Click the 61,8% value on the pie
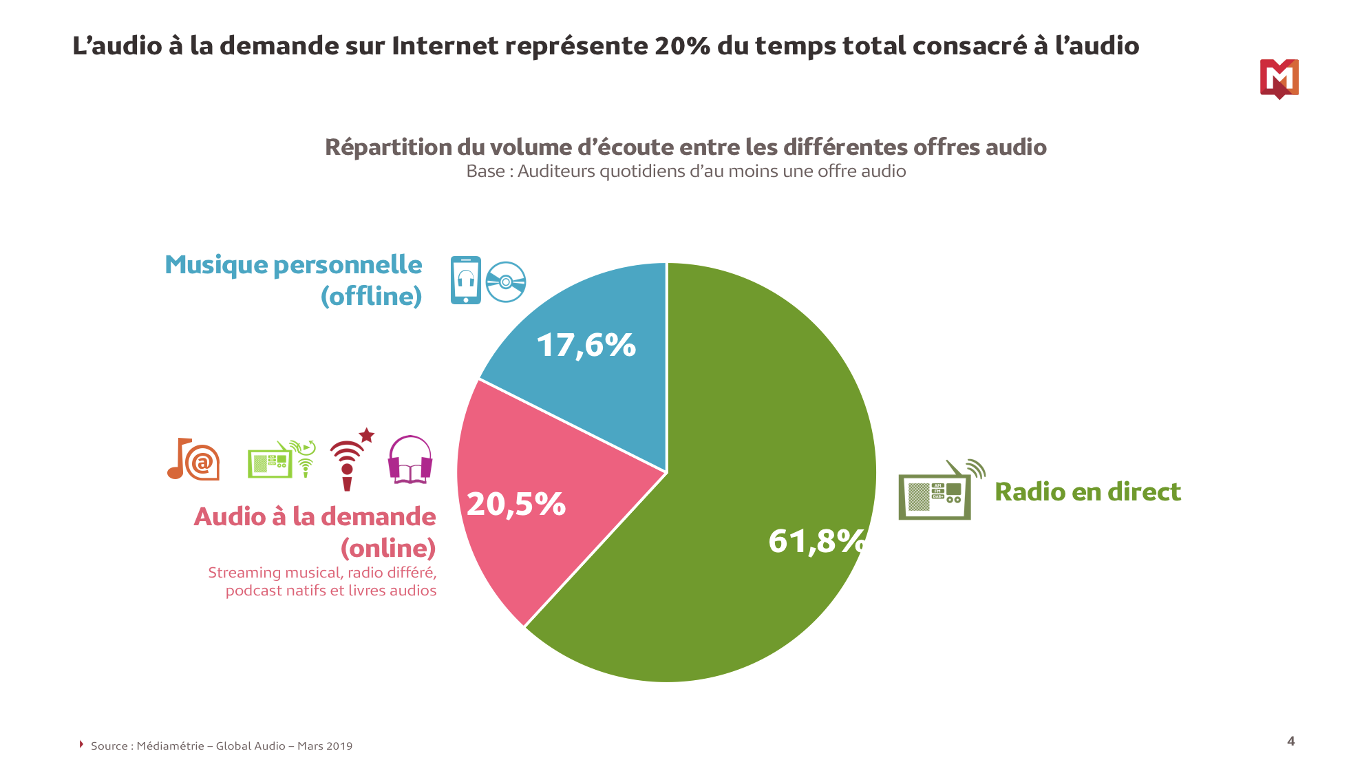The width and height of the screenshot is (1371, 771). [816, 541]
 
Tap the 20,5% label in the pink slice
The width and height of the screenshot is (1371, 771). [516, 504]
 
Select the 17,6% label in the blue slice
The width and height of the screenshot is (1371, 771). [586, 345]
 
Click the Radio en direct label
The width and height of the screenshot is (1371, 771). [1087, 492]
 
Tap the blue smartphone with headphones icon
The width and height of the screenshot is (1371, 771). [466, 280]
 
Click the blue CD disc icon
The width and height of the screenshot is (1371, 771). [506, 282]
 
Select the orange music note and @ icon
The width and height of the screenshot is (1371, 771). [193, 460]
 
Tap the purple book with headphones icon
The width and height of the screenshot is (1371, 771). [410, 460]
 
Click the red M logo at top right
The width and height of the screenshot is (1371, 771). [1279, 78]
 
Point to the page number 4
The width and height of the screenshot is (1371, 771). [1290, 741]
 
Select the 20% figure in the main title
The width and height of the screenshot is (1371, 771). [682, 46]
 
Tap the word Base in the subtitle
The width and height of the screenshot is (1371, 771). [485, 171]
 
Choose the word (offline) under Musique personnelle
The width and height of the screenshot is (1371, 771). [371, 296]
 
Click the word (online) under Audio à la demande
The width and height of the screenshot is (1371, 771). [388, 548]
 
